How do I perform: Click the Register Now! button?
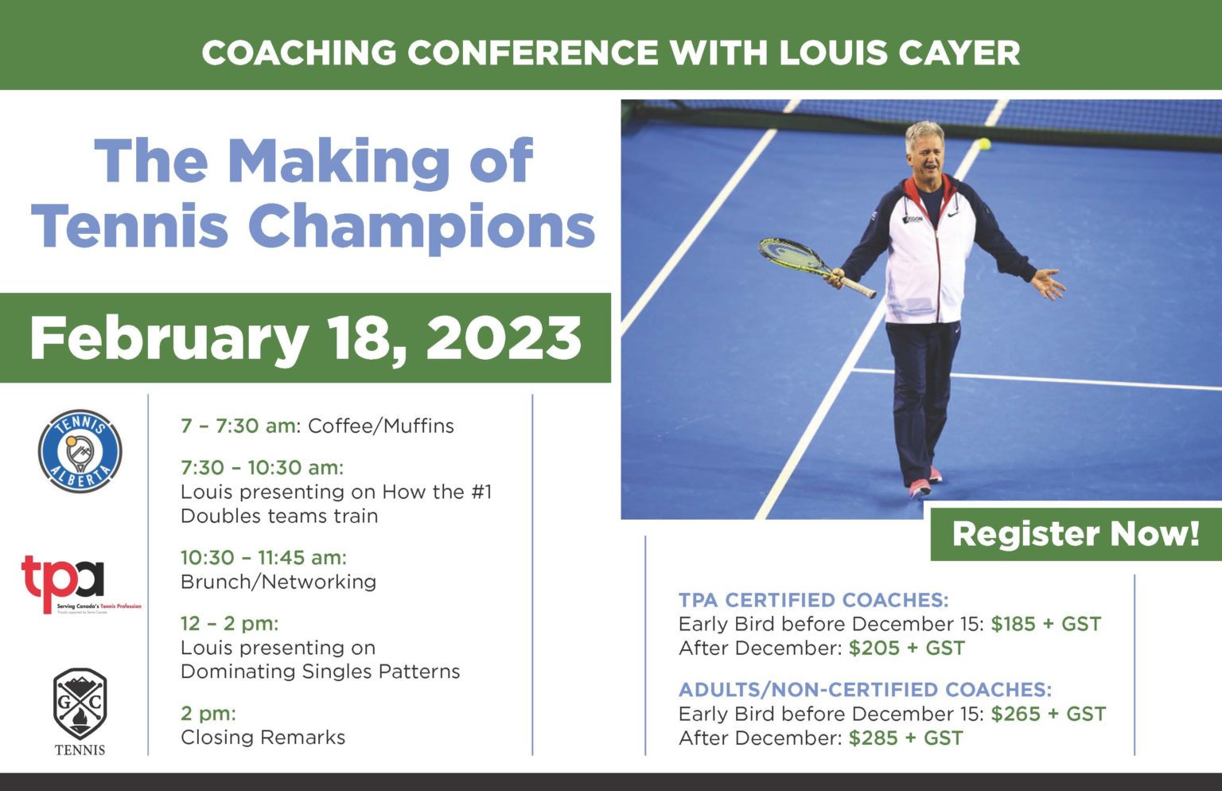tap(1076, 534)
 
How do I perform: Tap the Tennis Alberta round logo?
tap(80, 451)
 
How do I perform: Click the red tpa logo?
tap(64, 582)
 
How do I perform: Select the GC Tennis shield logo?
tap(80, 703)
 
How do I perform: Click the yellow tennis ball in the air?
tap(984, 144)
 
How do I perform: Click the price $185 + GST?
tap(1045, 624)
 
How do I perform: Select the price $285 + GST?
tap(905, 738)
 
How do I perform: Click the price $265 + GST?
tap(1048, 714)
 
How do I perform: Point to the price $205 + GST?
tap(906, 649)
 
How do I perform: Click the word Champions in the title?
tap(422, 226)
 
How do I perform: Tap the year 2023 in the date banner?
tap(504, 337)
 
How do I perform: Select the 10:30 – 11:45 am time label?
tap(263, 557)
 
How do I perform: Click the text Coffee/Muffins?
tap(380, 426)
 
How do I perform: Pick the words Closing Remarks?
tap(263, 738)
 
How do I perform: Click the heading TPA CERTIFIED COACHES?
tap(813, 600)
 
